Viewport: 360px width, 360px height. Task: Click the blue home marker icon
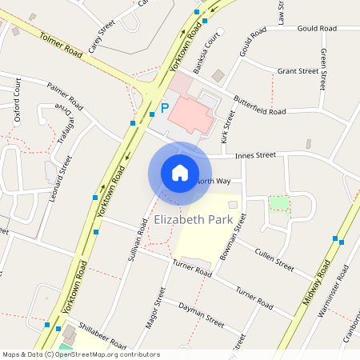tap(179, 172)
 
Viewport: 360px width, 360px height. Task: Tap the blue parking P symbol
tap(165, 107)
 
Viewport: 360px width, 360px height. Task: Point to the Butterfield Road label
tap(259, 106)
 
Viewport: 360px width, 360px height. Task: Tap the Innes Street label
tap(254, 154)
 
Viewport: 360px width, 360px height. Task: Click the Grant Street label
tap(298, 71)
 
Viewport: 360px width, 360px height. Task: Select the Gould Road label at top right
tap(317, 28)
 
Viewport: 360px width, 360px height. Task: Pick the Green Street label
tap(324, 67)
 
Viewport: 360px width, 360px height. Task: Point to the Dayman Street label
tap(201, 313)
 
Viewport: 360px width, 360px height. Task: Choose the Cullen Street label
tap(275, 258)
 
